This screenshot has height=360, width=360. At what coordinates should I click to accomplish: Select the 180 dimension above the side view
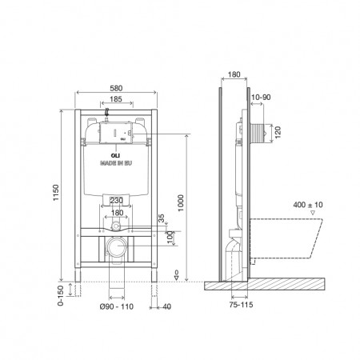pyautogui.click(x=234, y=75)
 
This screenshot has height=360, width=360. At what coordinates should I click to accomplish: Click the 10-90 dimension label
pyautogui.click(x=260, y=98)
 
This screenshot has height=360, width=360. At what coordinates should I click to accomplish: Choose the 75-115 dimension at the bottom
pyautogui.click(x=232, y=305)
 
